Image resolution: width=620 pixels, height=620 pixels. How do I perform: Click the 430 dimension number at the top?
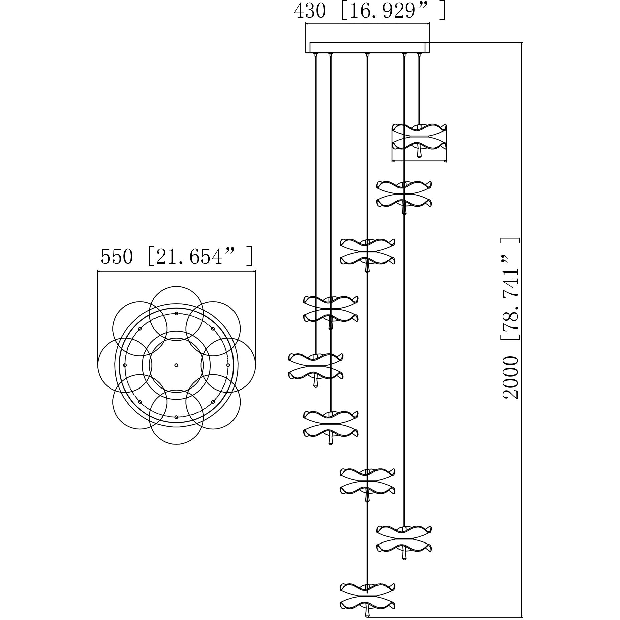(309, 11)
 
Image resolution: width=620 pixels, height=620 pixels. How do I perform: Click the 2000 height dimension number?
(510, 377)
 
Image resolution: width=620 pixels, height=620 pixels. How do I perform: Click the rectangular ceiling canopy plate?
(367, 48)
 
